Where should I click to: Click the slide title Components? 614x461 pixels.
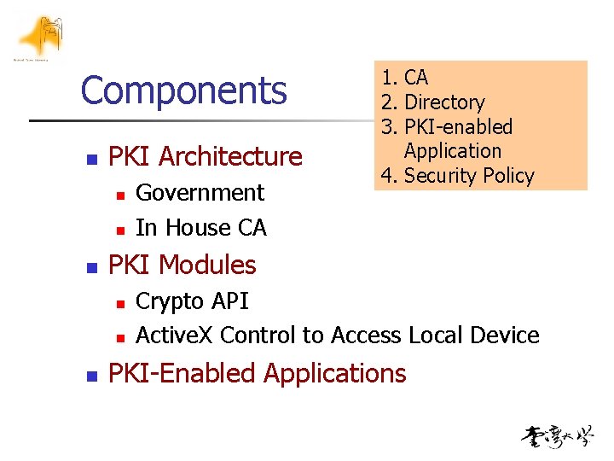183,90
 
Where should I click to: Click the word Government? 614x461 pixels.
200,193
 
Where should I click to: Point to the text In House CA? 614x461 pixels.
200,228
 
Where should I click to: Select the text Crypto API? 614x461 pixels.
192,301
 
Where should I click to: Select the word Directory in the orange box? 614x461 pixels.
444,102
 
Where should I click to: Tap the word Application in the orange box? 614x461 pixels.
453,151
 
